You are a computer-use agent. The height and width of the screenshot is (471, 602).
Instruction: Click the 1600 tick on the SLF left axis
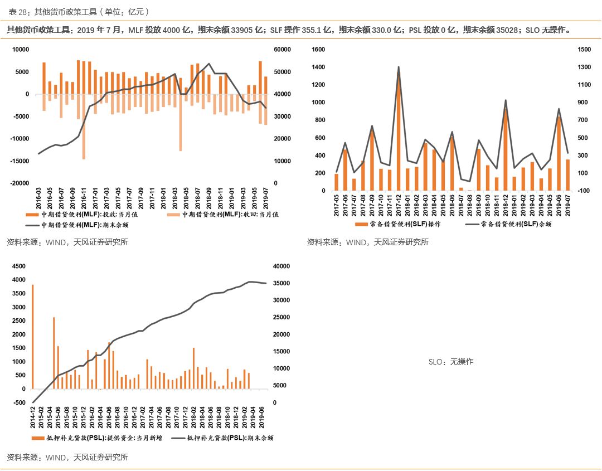[318, 50]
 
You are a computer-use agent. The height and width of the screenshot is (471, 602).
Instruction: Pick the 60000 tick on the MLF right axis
[283, 50]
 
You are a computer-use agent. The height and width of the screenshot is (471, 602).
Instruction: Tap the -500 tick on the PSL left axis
[19, 402]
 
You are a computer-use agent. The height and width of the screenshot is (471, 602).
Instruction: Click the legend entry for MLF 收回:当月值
[229, 214]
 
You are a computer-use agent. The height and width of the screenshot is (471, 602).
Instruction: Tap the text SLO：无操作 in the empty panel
[451, 362]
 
